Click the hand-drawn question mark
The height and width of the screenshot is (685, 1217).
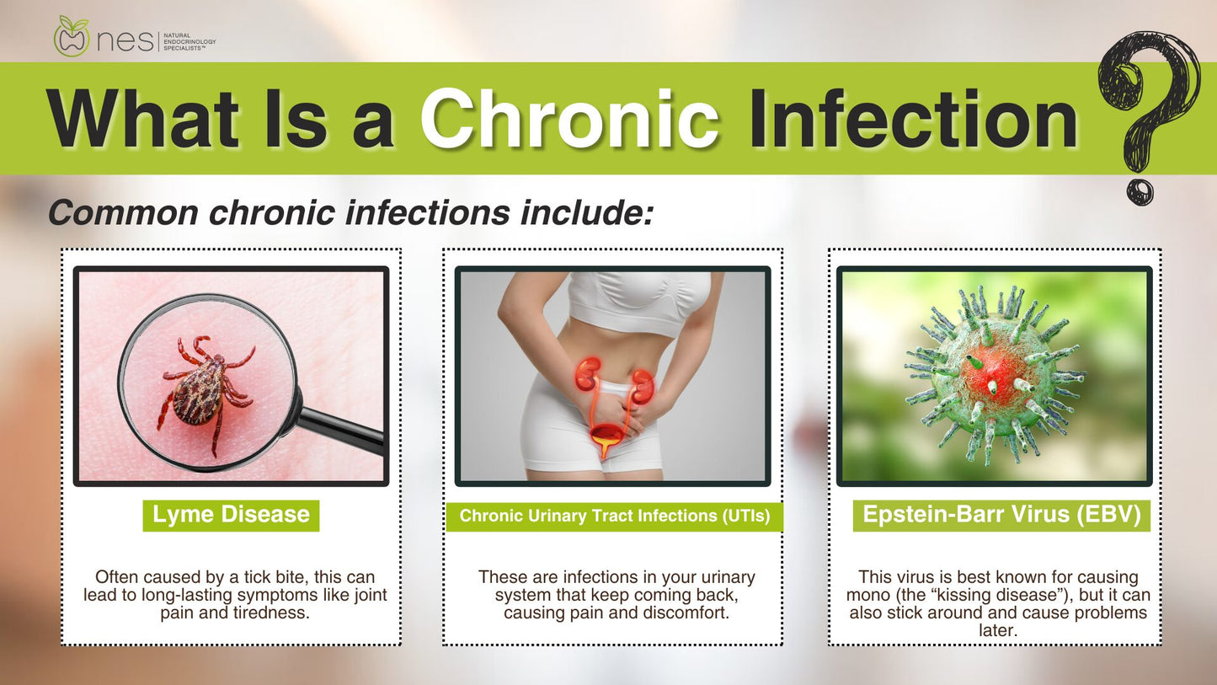1148,110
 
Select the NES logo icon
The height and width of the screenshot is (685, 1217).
72,38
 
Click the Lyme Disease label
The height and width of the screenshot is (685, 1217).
231,515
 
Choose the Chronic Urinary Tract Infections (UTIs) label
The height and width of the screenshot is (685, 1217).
615,516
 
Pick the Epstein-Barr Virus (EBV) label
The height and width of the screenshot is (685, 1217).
1001,515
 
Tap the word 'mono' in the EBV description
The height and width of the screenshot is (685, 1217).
869,595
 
